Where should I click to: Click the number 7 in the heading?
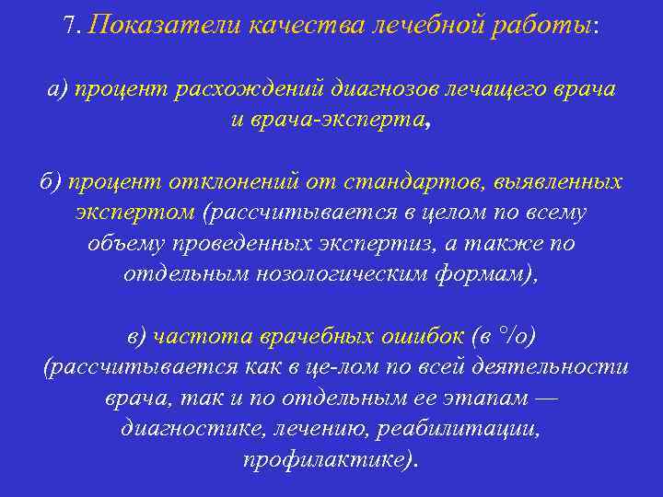point(71,25)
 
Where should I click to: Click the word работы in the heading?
point(542,25)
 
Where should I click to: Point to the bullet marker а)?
point(59,90)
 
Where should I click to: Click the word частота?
point(192,336)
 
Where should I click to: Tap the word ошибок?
point(420,336)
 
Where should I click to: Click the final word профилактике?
point(327,459)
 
